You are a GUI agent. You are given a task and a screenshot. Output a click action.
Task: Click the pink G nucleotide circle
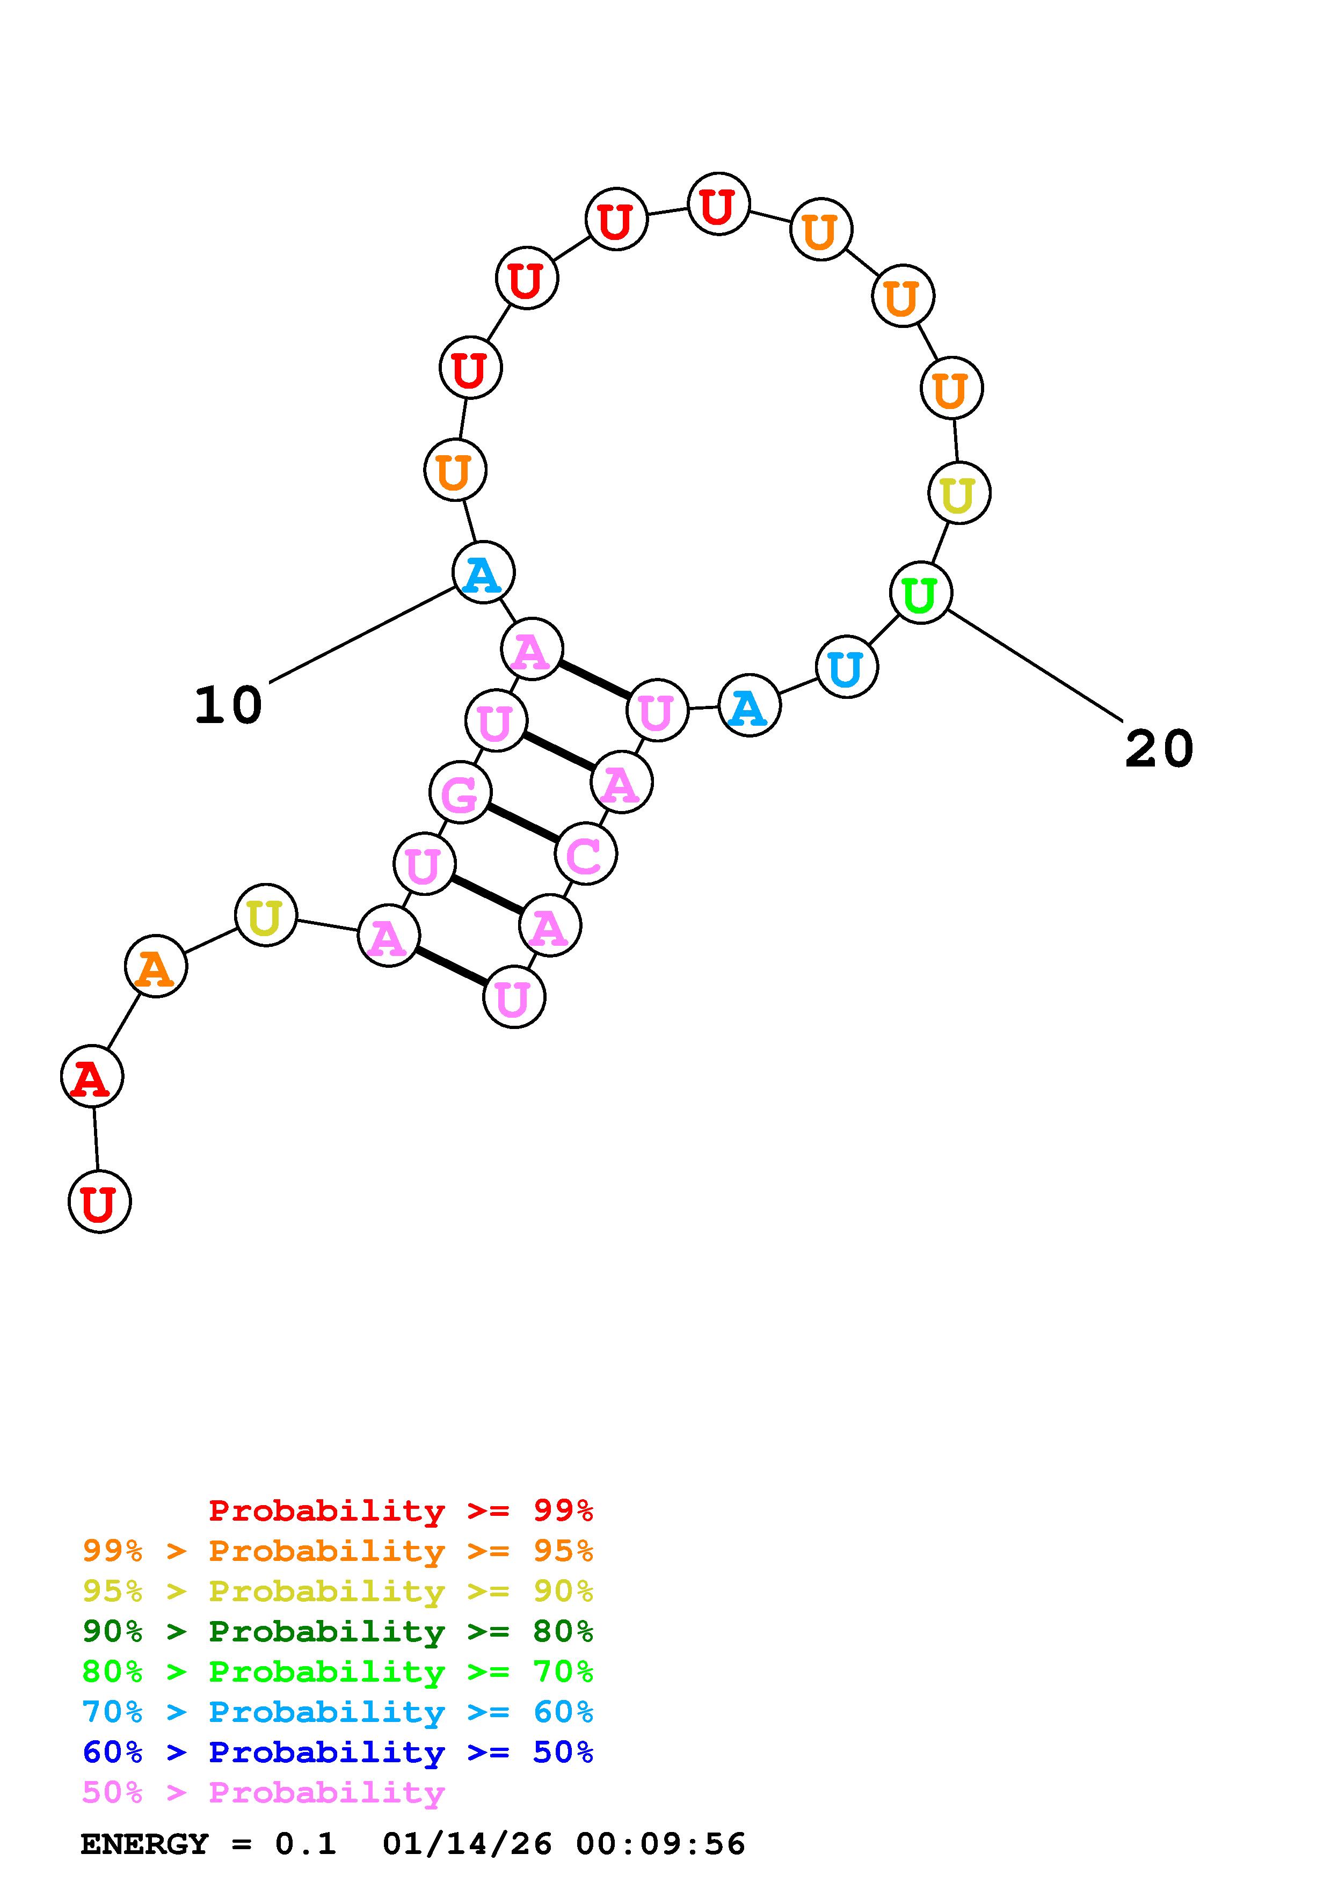(460, 792)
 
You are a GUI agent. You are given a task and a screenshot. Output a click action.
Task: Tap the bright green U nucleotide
(920, 593)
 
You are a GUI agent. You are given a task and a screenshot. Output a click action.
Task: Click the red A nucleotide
(92, 1076)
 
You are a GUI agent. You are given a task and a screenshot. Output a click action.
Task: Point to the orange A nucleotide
(156, 967)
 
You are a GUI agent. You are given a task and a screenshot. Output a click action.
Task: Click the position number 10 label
(228, 705)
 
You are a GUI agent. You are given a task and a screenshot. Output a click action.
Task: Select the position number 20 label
(1158, 749)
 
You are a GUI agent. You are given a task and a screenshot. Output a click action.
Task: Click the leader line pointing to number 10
(361, 634)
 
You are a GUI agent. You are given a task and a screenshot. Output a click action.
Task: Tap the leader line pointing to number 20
(1034, 666)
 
